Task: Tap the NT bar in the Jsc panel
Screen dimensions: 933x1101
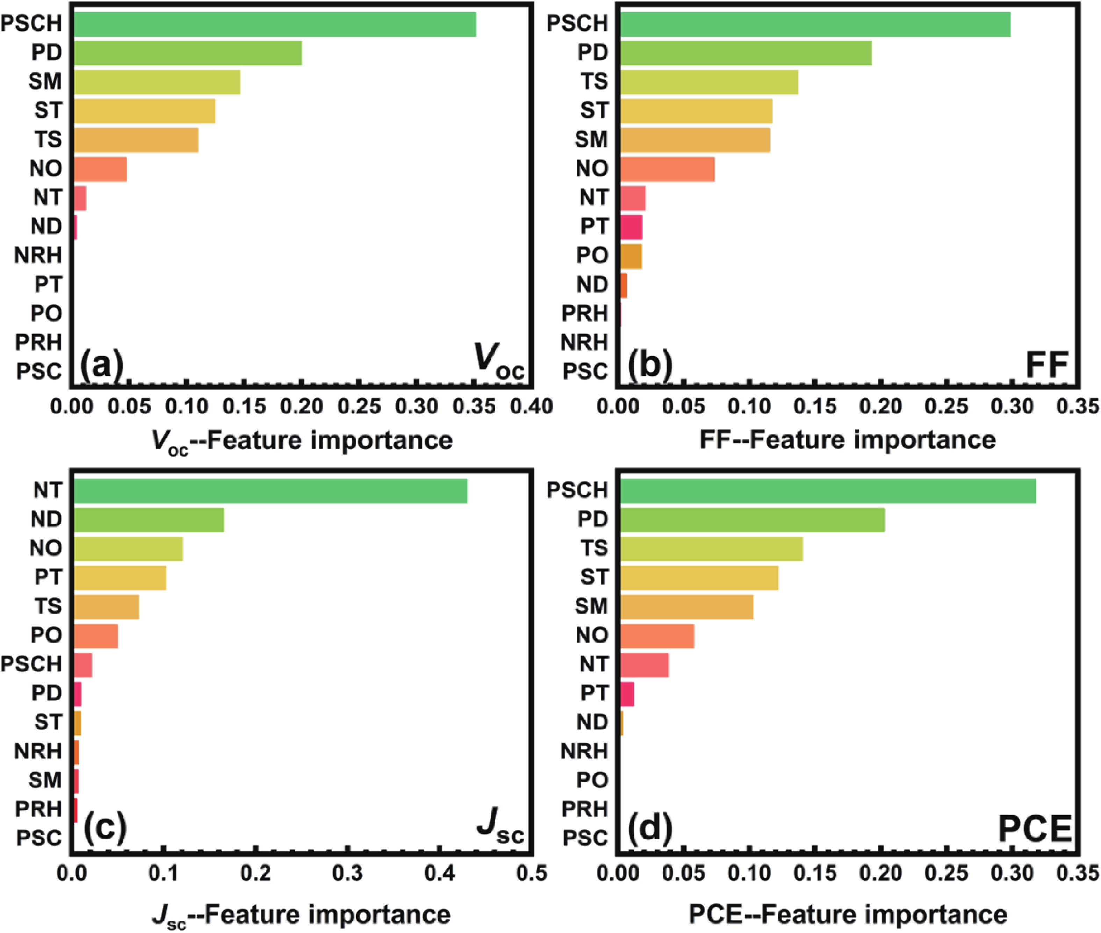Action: tap(270, 491)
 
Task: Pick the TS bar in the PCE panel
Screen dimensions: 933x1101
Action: tap(711, 548)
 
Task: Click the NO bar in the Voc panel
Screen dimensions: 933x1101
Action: tap(100, 169)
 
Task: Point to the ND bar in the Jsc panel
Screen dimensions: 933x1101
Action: tap(149, 519)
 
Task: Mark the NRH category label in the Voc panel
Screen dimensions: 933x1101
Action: tap(38, 256)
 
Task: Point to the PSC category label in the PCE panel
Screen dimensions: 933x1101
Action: tap(585, 838)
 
